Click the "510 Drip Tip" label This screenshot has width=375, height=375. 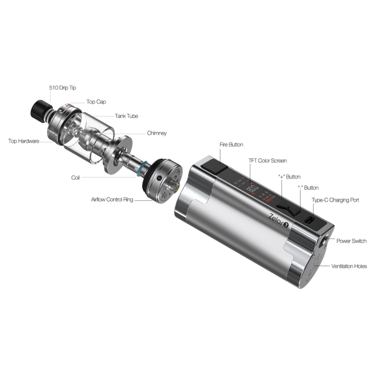[62, 88]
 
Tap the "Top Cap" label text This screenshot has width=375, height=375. [96, 102]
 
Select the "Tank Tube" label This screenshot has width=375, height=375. [126, 116]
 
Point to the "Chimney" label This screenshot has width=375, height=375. [157, 133]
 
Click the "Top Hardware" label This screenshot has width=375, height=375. [24, 141]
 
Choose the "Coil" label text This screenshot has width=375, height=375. [75, 177]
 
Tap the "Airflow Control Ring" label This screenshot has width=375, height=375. [112, 199]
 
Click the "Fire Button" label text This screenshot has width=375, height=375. [231, 144]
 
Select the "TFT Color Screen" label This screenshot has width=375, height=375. [268, 160]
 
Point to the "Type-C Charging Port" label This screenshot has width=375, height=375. [335, 200]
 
